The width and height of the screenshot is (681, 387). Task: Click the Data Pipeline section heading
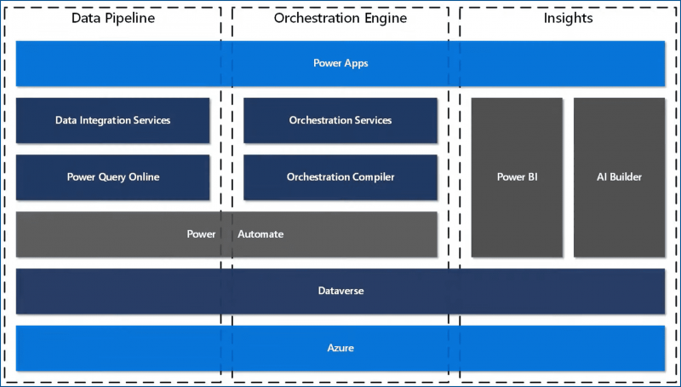pyautogui.click(x=113, y=18)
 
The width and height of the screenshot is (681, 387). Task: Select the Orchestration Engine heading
pyautogui.click(x=340, y=18)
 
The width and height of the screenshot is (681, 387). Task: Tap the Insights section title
pyautogui.click(x=568, y=18)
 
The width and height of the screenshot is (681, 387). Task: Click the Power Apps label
pyautogui.click(x=340, y=63)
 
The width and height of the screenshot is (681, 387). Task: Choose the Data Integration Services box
pyautogui.click(x=112, y=120)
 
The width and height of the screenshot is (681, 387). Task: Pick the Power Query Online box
pyautogui.click(x=112, y=177)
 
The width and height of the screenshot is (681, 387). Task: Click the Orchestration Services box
pyautogui.click(x=340, y=120)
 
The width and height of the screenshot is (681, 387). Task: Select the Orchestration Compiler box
pyautogui.click(x=340, y=177)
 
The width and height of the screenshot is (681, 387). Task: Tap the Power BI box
pyautogui.click(x=517, y=177)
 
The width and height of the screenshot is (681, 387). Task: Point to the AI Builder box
pyautogui.click(x=619, y=177)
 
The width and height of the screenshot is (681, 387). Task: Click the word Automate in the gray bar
pyautogui.click(x=260, y=234)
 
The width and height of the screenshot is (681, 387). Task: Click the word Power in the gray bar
pyautogui.click(x=202, y=234)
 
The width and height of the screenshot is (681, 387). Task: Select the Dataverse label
pyautogui.click(x=340, y=291)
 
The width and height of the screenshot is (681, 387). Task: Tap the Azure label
pyautogui.click(x=340, y=348)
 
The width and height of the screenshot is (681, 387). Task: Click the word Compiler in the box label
pyautogui.click(x=369, y=177)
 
